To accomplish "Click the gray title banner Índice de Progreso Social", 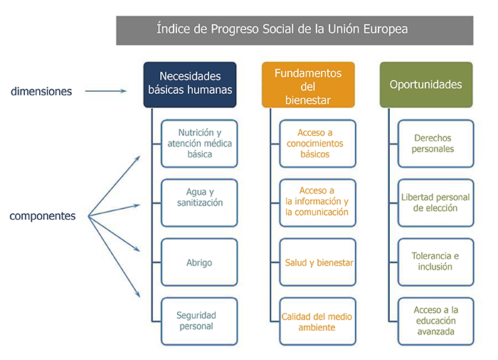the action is click(x=295, y=31).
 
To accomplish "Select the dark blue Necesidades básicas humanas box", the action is click(x=190, y=85).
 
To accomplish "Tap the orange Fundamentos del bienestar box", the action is click(x=308, y=85).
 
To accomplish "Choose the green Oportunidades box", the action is click(x=426, y=85).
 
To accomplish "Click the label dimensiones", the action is click(x=41, y=92).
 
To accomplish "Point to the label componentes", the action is click(x=43, y=216).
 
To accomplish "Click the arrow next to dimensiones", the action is click(x=106, y=91).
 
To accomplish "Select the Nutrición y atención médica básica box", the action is click(x=199, y=144).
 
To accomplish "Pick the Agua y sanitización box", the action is click(x=199, y=203).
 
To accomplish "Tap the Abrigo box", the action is click(x=199, y=262).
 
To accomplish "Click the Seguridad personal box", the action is click(x=199, y=322).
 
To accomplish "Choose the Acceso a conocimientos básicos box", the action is click(x=317, y=144).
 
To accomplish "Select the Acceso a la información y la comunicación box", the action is click(x=317, y=203).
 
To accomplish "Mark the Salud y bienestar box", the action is click(x=317, y=262).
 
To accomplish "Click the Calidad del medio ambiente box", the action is click(x=317, y=322).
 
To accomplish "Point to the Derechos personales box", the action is click(x=435, y=144).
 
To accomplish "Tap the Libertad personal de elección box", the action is click(x=435, y=203).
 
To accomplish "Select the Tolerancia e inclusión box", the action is click(x=435, y=262).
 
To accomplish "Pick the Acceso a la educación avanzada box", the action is click(x=435, y=322).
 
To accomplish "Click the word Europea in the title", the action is click(x=386, y=29).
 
